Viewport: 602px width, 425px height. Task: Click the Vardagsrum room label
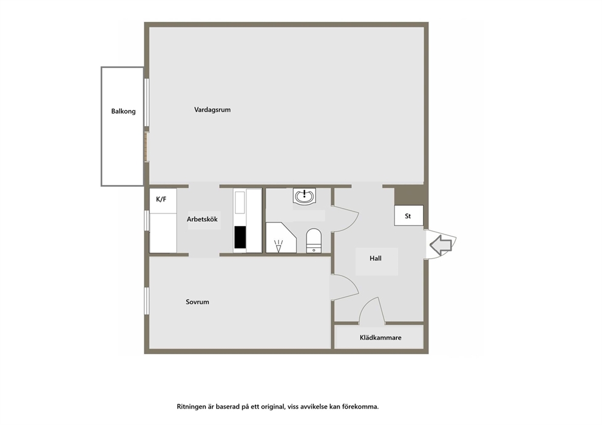(212, 110)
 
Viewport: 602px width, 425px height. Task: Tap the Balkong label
(123, 111)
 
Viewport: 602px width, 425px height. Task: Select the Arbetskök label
(202, 219)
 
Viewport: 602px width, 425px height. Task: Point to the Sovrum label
(197, 302)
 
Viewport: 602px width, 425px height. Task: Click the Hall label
(376, 258)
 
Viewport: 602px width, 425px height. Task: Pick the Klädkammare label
(380, 338)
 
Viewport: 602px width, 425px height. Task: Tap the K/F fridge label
(161, 199)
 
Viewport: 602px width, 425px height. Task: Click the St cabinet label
(408, 216)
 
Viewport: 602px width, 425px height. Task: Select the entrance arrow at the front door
(441, 245)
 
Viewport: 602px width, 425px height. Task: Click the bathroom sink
(305, 196)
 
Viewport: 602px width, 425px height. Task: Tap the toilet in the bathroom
(314, 241)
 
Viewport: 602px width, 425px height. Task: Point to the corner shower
(281, 238)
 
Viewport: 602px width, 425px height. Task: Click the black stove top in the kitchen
(240, 237)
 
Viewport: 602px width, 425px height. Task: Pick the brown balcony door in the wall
(146, 147)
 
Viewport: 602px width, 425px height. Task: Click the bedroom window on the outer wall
(146, 301)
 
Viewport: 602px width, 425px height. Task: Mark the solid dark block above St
(409, 196)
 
